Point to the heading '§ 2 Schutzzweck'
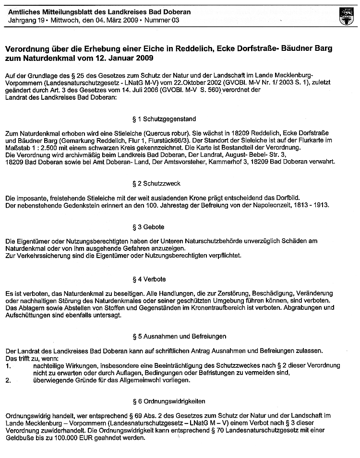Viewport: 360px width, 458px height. tap(157, 184)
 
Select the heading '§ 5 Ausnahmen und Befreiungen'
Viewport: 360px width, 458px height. tap(180, 336)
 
